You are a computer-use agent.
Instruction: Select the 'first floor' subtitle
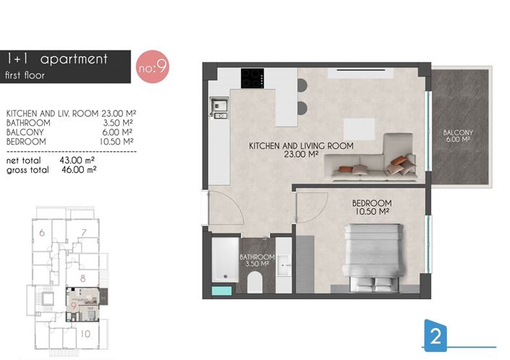click(x=25, y=74)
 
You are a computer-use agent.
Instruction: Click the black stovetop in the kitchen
click(x=252, y=77)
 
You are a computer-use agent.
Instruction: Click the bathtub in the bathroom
click(x=221, y=264)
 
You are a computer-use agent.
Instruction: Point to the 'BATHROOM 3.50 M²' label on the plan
click(x=257, y=261)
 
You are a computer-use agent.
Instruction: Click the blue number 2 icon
click(x=435, y=335)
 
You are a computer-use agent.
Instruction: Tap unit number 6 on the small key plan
click(x=42, y=232)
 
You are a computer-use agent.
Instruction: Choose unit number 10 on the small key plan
click(x=85, y=334)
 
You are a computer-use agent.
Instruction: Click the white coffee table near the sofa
click(x=358, y=127)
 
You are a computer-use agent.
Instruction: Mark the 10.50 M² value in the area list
click(x=118, y=142)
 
